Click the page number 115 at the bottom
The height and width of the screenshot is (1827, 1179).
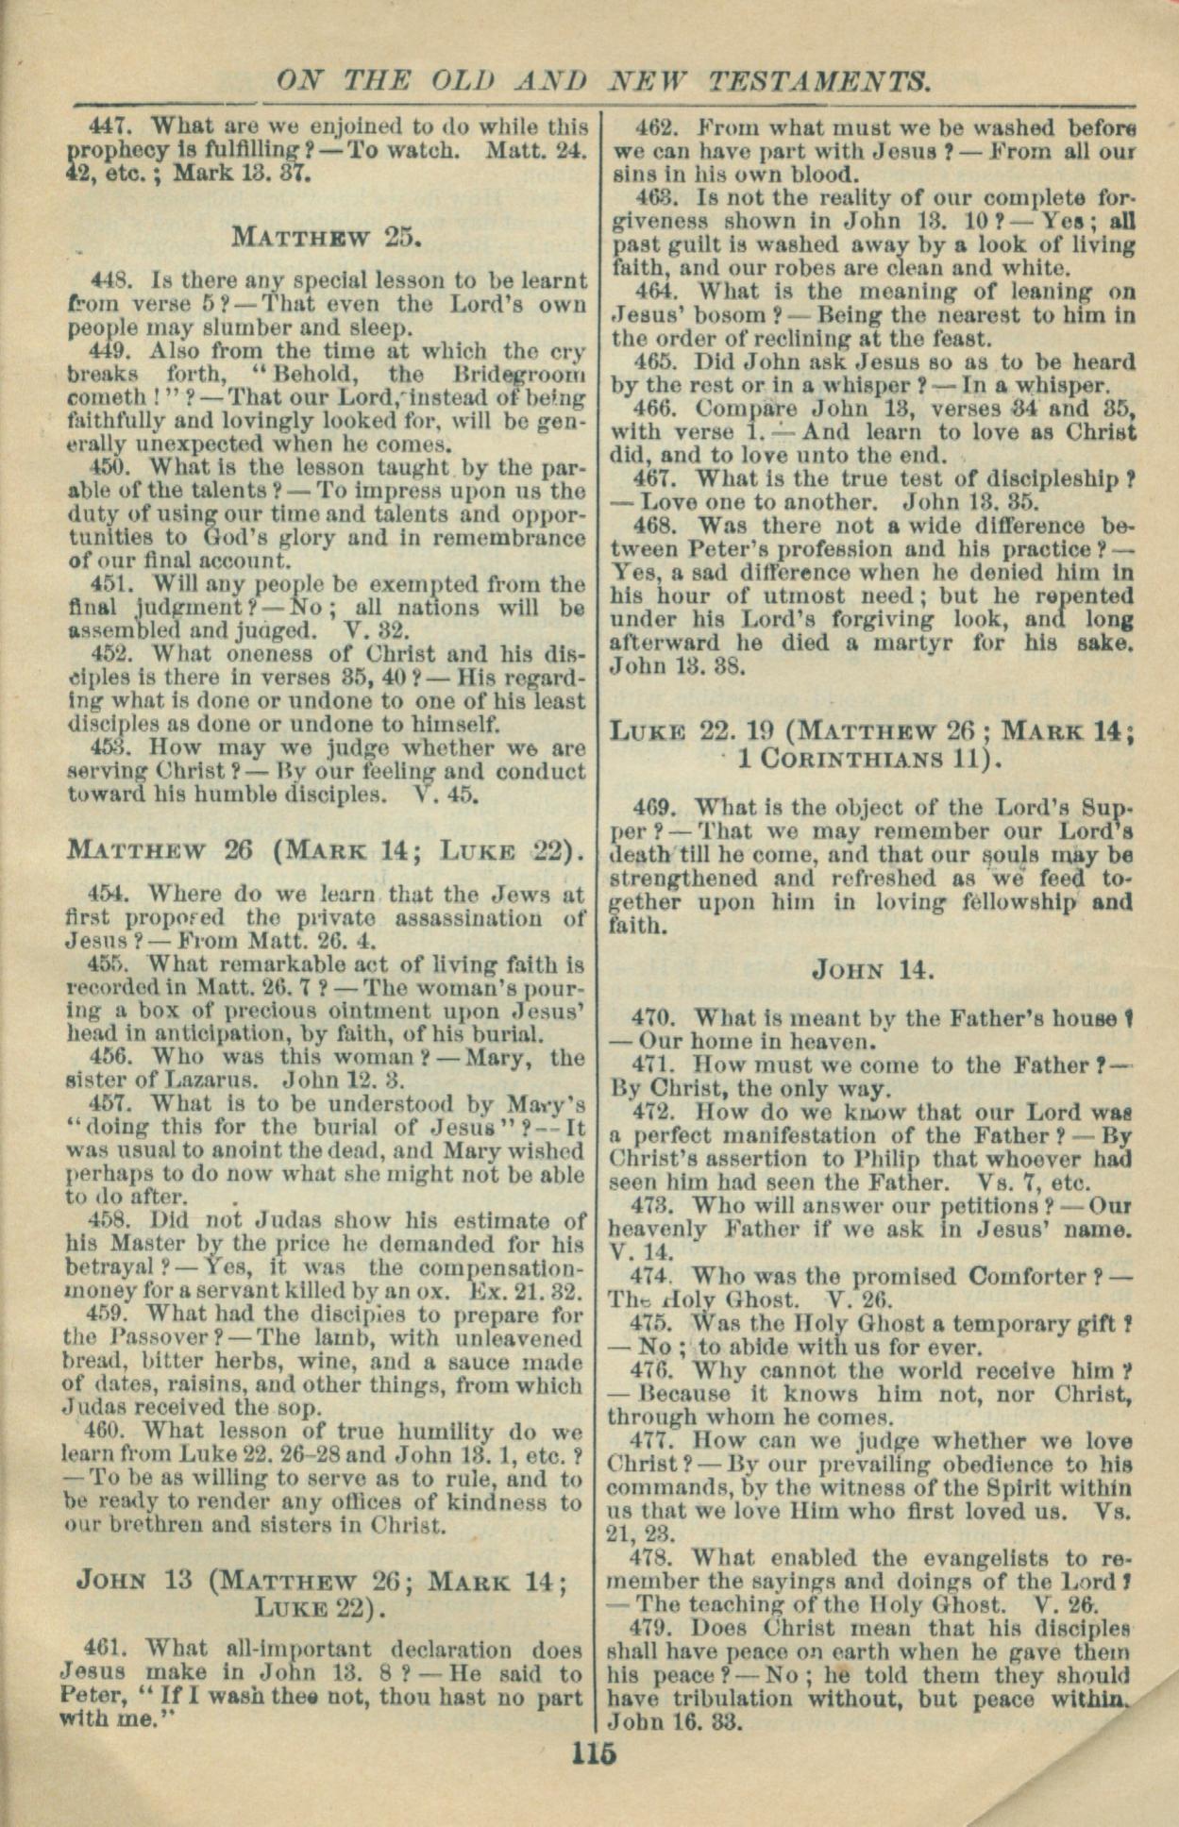[x=593, y=1754]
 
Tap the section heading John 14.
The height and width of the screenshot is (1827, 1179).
[x=873, y=969]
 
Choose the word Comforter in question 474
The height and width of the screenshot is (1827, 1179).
[x=1000, y=1277]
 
